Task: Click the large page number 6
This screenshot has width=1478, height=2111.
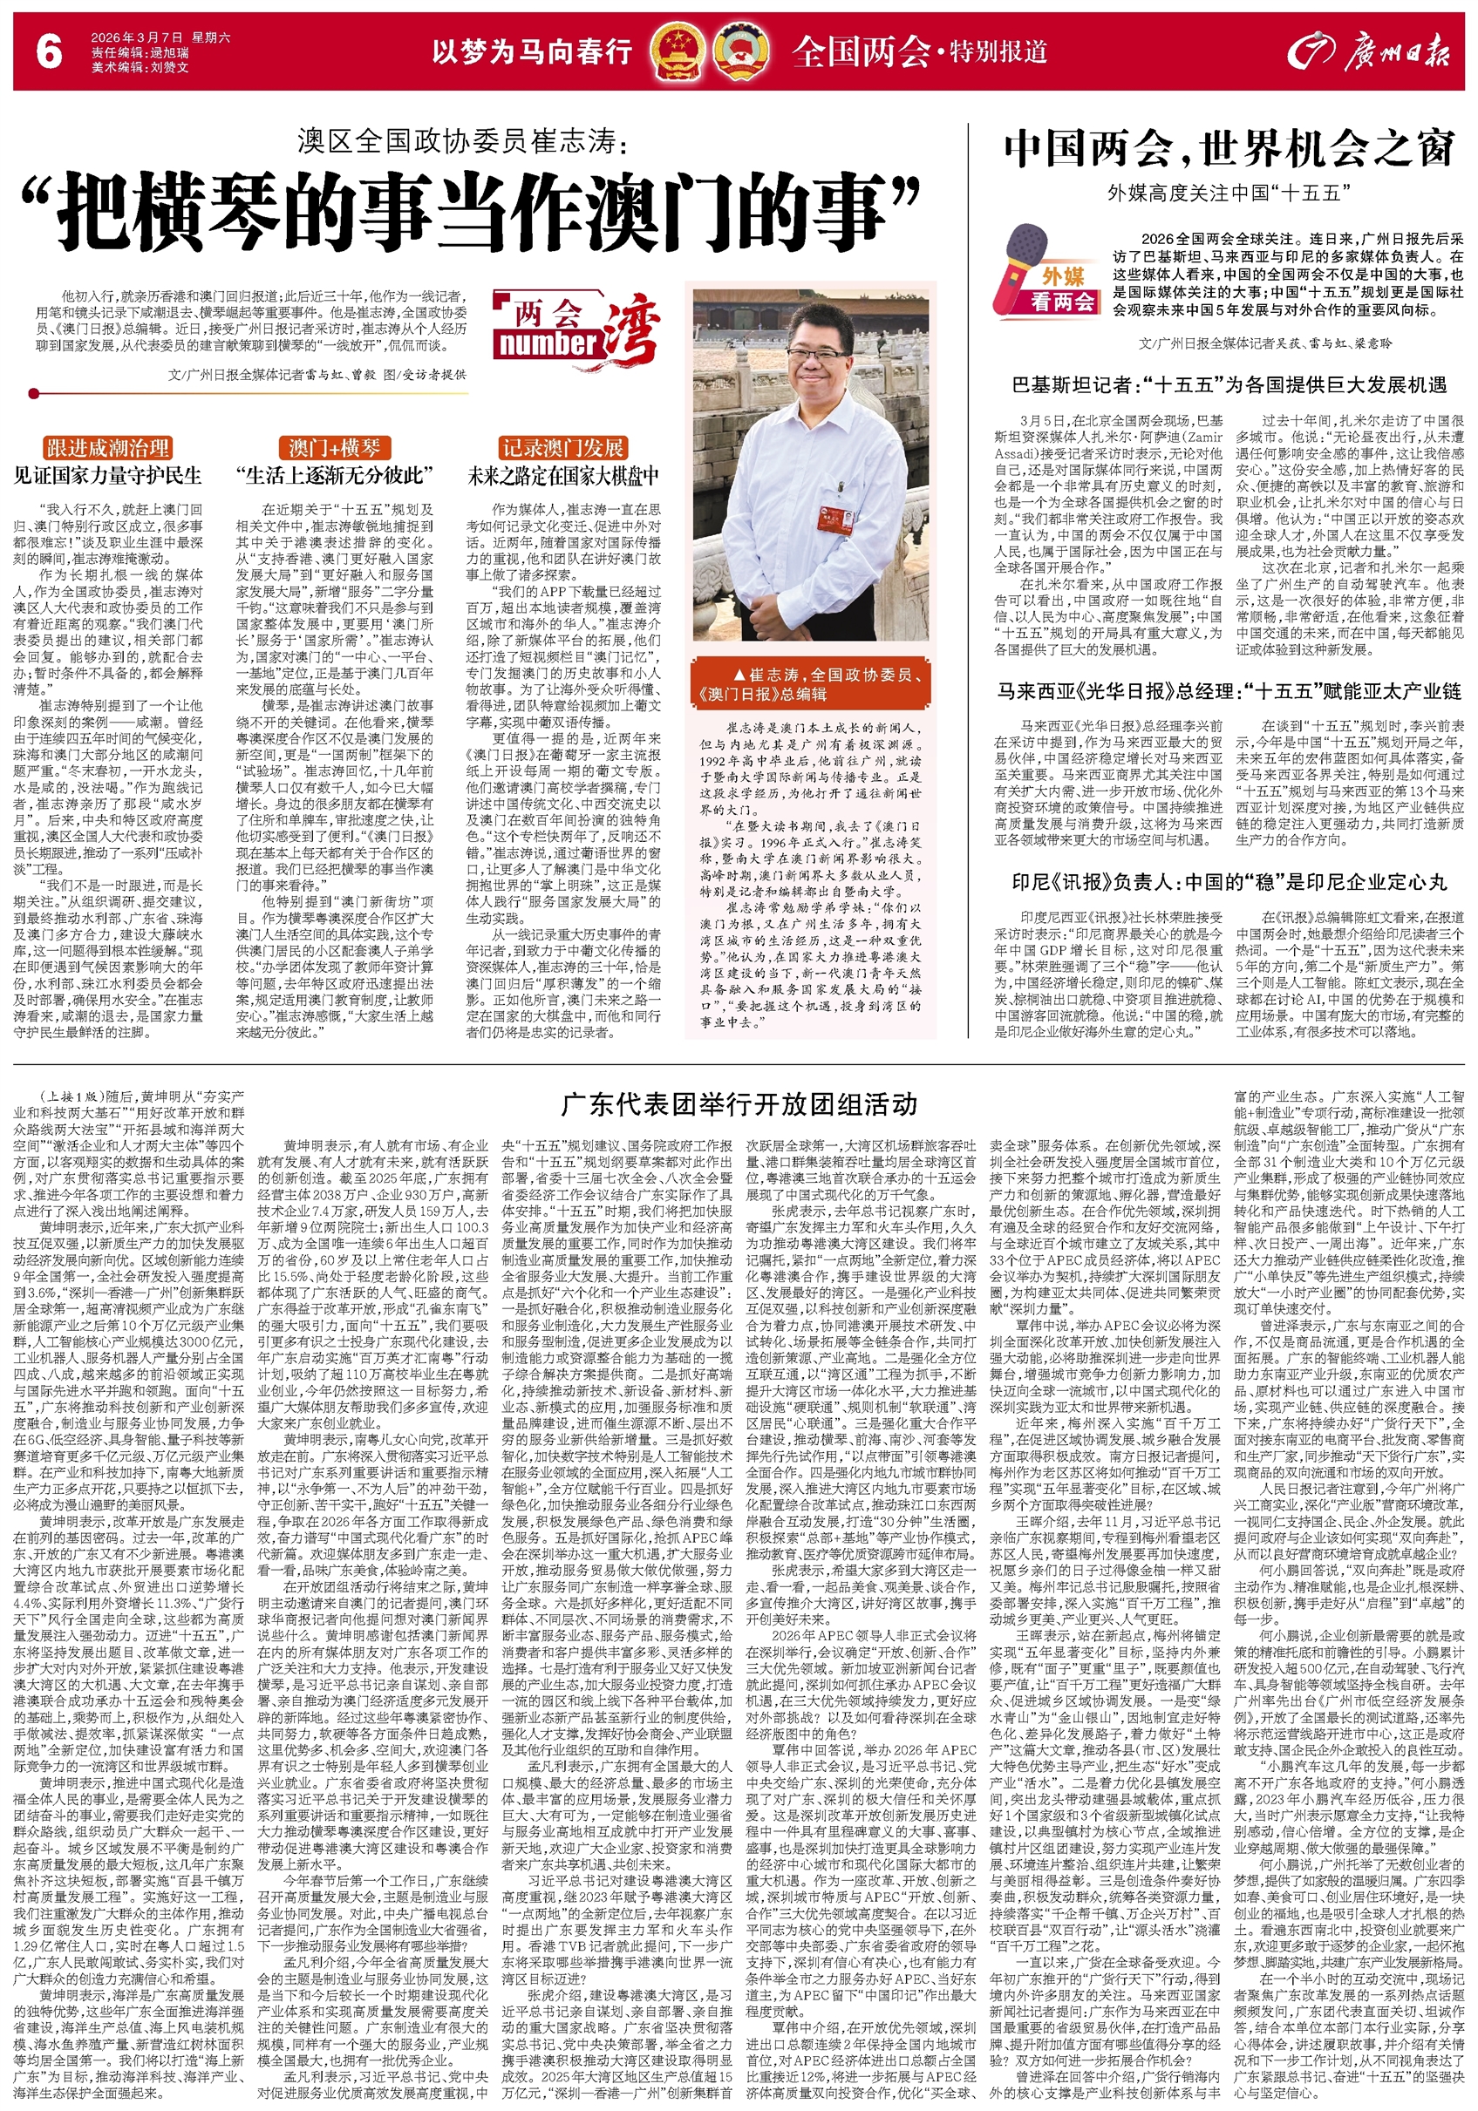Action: tap(49, 52)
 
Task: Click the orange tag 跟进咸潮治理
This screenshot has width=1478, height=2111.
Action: tap(107, 449)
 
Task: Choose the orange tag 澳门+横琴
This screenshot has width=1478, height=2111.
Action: tap(334, 449)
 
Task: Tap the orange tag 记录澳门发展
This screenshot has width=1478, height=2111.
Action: tap(563, 449)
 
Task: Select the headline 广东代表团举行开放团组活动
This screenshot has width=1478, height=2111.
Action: tap(739, 1104)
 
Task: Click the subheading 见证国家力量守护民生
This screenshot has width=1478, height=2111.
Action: tap(107, 476)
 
